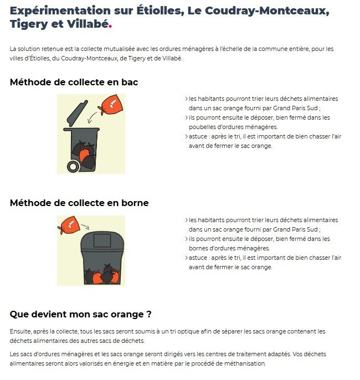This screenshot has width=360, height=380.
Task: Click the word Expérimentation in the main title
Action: tap(60, 11)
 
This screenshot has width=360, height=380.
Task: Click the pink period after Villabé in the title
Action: tap(110, 26)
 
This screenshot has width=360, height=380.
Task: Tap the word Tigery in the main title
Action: tap(29, 24)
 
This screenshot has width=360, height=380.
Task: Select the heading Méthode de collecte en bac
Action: tap(74, 82)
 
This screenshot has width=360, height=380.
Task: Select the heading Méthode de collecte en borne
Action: tap(79, 203)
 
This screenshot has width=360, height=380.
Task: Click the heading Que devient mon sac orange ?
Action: tap(81, 314)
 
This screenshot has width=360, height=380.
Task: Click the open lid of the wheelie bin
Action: tap(77, 113)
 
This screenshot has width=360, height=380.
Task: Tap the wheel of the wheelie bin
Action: tap(73, 167)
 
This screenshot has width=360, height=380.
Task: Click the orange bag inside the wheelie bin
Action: tap(84, 154)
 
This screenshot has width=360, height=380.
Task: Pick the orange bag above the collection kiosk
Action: tap(69, 225)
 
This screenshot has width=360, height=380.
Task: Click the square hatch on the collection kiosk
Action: tap(102, 240)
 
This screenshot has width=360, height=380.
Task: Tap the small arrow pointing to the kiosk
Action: tap(85, 227)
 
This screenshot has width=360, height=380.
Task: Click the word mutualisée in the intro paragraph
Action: tap(119, 49)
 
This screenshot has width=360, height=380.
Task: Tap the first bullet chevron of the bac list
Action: tap(187, 99)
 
